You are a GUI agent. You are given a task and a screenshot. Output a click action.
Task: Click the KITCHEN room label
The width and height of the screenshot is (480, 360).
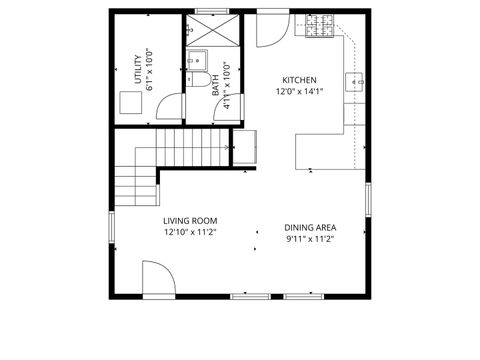click(x=299, y=80)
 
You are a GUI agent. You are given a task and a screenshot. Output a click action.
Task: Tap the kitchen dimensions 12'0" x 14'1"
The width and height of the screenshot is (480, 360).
click(x=299, y=91)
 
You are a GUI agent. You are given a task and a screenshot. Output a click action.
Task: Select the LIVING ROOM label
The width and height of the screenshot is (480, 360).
click(x=190, y=221)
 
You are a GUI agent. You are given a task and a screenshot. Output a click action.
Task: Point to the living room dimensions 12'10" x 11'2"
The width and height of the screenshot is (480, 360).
click(x=190, y=232)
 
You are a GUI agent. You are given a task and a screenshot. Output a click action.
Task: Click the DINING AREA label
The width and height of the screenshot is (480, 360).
click(x=310, y=227)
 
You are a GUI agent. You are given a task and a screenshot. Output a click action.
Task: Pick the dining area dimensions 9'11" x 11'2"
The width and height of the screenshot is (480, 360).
click(x=310, y=238)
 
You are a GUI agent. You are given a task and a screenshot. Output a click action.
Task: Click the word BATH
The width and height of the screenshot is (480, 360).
click(x=215, y=89)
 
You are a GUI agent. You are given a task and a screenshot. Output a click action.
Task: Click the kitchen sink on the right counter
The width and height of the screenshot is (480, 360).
click(x=355, y=82)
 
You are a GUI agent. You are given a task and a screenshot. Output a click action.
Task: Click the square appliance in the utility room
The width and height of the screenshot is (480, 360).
click(x=130, y=102)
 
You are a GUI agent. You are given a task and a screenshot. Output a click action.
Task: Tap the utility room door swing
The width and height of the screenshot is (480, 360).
click(x=172, y=107)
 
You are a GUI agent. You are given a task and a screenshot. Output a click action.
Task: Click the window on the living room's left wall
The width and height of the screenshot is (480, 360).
click(x=111, y=225)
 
